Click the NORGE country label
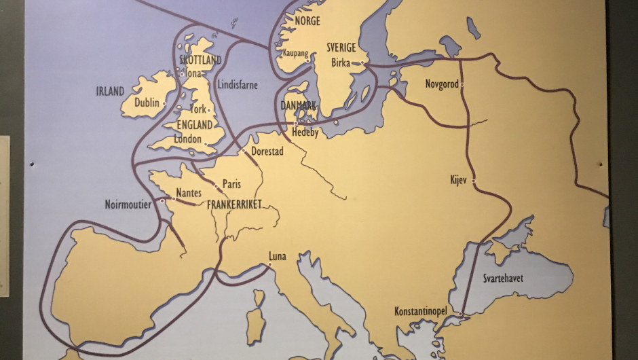(307, 21)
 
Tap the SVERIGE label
(341, 48)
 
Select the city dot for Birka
(362, 63)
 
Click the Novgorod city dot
(462, 85)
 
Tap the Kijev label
(459, 180)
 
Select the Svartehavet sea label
(503, 278)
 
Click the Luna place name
(277, 256)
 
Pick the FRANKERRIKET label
(234, 203)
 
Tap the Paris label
(231, 184)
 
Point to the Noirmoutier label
(129, 204)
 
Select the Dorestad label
(267, 151)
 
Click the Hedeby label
(305, 132)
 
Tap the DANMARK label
(299, 106)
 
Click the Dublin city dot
(164, 104)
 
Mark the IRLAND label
(110, 91)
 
